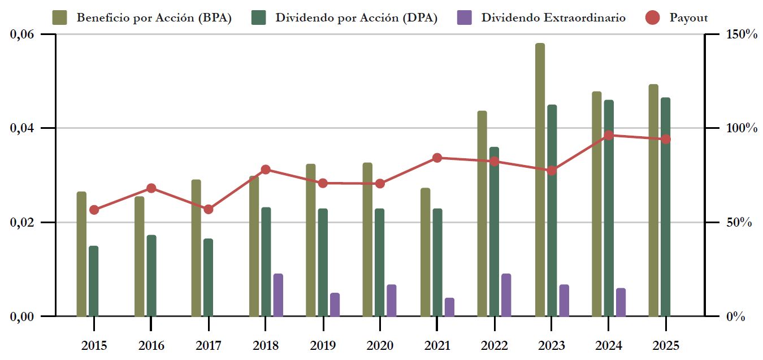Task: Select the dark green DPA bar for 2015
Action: click(94, 281)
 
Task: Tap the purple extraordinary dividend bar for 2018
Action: click(278, 295)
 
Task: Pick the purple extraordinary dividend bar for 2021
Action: click(449, 307)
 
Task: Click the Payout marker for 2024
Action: click(609, 136)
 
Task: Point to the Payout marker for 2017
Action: click(208, 209)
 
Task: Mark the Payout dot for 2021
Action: click(437, 158)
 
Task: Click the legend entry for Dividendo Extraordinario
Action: click(553, 18)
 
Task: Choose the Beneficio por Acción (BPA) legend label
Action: click(154, 18)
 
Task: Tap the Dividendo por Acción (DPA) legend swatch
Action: click(258, 18)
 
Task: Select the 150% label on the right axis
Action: click(741, 34)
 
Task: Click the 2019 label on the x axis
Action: click(323, 346)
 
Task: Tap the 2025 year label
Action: click(665, 346)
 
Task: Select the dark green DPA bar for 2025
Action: click(666, 207)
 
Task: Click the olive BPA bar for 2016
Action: click(139, 256)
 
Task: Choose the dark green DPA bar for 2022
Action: click(495, 232)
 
